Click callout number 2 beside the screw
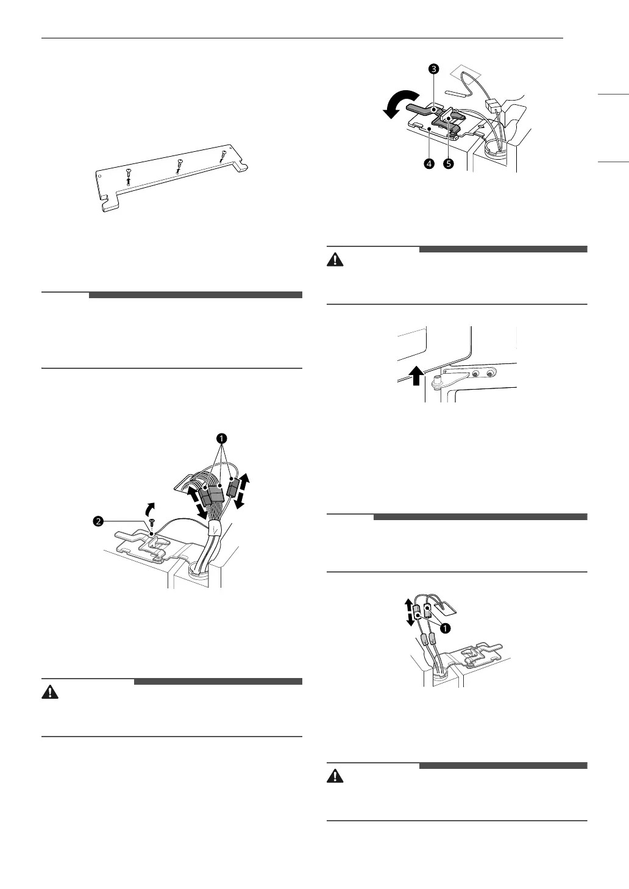point(97,521)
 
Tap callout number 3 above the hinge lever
point(433,69)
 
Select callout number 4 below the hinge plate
point(430,164)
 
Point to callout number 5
point(449,164)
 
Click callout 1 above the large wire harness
point(222,438)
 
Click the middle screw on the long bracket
point(179,163)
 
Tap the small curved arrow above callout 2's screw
point(147,508)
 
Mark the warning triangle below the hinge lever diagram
point(335,259)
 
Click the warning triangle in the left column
point(49,692)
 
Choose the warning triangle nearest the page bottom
point(335,776)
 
